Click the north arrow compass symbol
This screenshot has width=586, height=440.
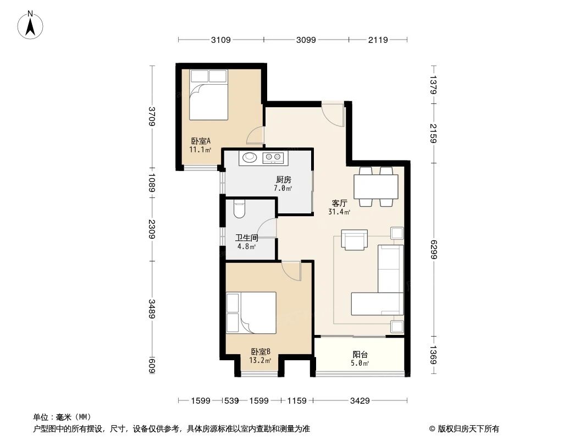(31, 25)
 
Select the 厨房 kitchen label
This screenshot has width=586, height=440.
(283, 180)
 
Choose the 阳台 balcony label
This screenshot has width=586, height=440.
(360, 355)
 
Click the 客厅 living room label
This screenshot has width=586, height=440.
(339, 203)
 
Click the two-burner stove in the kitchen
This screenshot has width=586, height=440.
(273, 158)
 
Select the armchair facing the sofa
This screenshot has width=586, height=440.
(354, 239)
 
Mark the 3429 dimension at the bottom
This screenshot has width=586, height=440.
(360, 401)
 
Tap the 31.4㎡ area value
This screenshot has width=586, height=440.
(339, 212)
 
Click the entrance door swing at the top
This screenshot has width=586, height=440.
(333, 113)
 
